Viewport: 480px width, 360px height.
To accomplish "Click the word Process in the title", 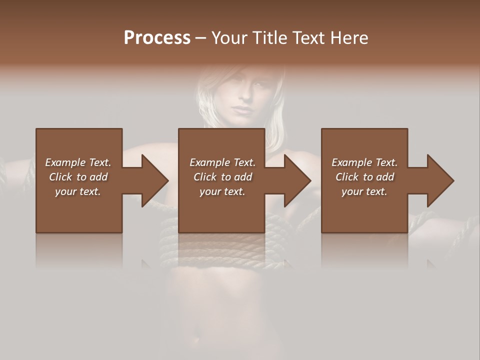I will pyautogui.click(x=157, y=38).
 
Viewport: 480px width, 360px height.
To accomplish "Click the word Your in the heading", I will pyautogui.click(x=229, y=38).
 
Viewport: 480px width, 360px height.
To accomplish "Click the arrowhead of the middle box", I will pyautogui.click(x=297, y=180).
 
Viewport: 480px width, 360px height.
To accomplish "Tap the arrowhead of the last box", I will pyautogui.click(x=440, y=180).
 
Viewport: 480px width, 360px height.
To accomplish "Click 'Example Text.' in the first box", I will pyautogui.click(x=78, y=162).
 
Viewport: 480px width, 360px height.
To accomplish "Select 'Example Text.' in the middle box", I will pyautogui.click(x=222, y=162).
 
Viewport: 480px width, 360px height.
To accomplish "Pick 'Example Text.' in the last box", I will pyautogui.click(x=364, y=162).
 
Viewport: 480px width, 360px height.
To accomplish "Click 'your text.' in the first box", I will pyautogui.click(x=78, y=191).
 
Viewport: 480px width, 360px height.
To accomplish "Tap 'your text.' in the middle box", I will pyautogui.click(x=222, y=191).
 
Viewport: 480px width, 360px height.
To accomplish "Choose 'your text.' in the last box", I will pyautogui.click(x=364, y=191).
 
